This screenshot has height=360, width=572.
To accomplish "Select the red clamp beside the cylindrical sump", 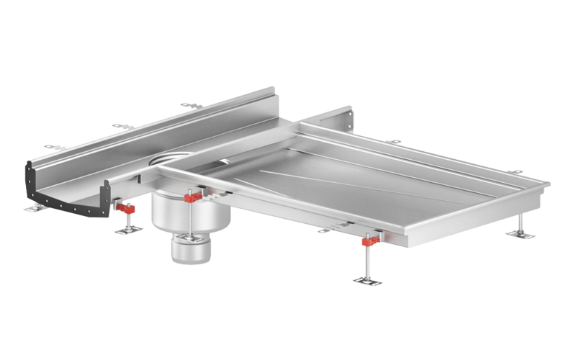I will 192,197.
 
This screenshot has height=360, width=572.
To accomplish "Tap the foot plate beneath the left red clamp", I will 129,230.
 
